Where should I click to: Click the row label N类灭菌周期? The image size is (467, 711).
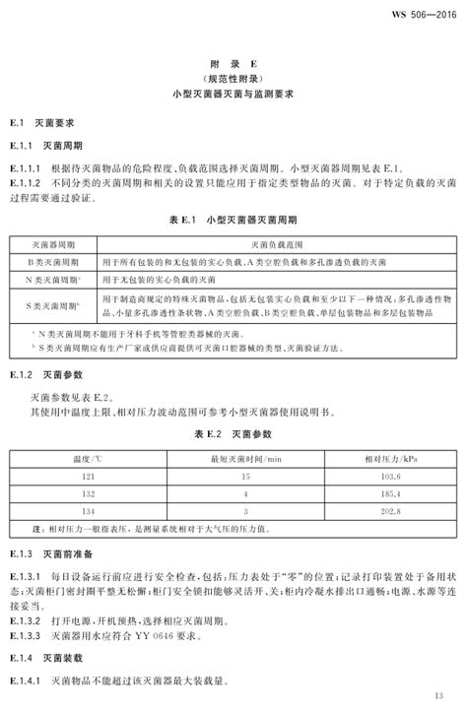click(x=54, y=281)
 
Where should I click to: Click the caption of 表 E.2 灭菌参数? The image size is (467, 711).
click(x=233, y=432)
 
